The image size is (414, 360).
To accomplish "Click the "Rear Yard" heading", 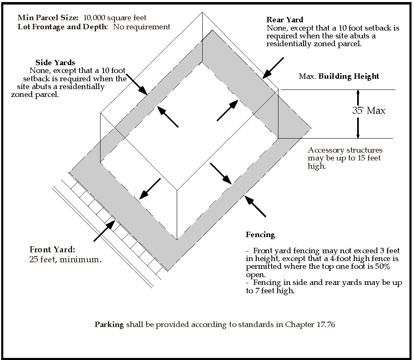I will pyautogui.click(x=285, y=20).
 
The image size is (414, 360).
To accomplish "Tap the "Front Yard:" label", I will pyautogui.click(x=52, y=249).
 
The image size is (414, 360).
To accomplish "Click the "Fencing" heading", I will pyautogui.click(x=260, y=235).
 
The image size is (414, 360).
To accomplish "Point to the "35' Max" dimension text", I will pyautogui.click(x=369, y=111).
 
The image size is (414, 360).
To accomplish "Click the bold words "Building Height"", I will pyautogui.click(x=349, y=76).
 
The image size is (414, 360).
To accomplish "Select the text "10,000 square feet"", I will pyautogui.click(x=115, y=18).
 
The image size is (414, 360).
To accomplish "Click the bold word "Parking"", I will pyautogui.click(x=109, y=325).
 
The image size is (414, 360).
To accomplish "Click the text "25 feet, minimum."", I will pyautogui.click(x=65, y=260).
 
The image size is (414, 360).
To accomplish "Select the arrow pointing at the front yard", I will pyautogui.click(x=105, y=231).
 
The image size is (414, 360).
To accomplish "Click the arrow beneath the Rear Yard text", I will pyautogui.click(x=273, y=68).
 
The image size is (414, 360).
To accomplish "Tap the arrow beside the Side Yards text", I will pyautogui.click(x=137, y=84).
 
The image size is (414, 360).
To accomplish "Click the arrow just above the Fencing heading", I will pyautogui.click(x=255, y=206).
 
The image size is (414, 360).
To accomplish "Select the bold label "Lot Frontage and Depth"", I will pyautogui.click(x=62, y=27).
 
